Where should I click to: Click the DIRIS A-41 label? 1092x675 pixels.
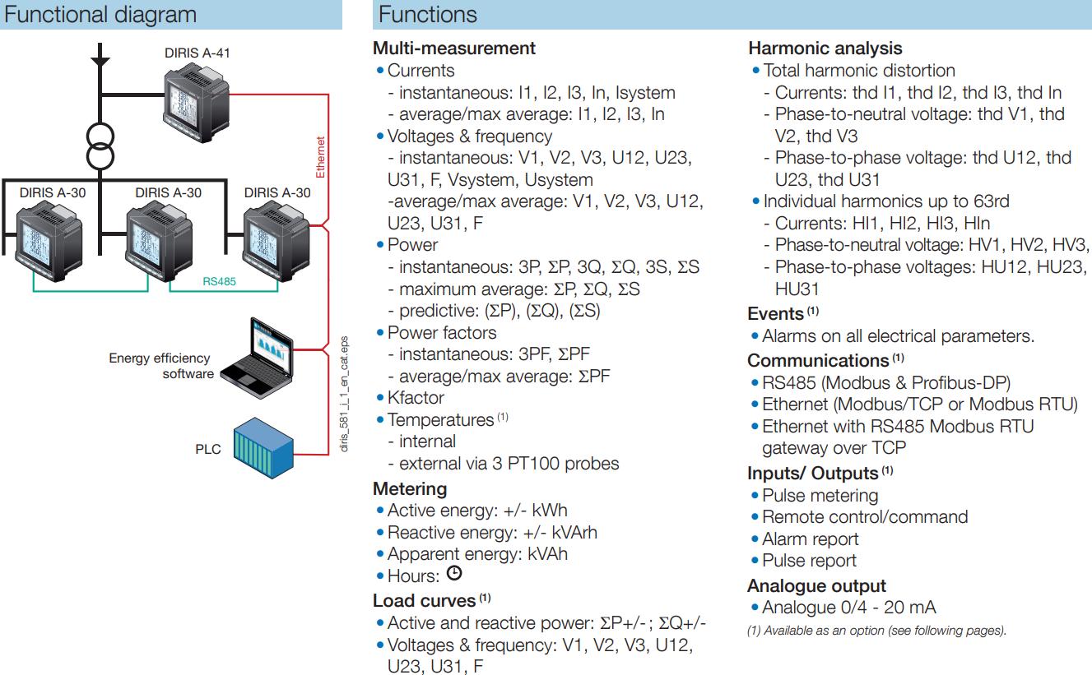point(197,53)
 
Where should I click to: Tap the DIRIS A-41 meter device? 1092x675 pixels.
point(197,104)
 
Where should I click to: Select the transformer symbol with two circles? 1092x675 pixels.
point(100,146)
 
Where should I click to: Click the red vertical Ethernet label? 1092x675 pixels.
point(320,157)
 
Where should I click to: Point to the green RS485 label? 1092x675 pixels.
point(219,281)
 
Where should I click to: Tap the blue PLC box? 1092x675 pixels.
point(263,448)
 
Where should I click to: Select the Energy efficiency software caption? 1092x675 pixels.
point(161,366)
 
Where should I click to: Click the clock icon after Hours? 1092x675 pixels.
point(454,573)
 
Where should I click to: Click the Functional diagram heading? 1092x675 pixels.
point(100,14)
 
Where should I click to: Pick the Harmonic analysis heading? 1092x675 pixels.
point(825,49)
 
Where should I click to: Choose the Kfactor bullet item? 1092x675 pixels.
point(411,397)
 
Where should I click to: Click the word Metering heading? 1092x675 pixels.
point(410,488)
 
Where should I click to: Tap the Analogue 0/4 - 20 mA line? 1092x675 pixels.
point(843,608)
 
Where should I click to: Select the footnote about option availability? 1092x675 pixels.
point(876,631)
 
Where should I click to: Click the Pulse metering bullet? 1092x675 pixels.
point(815,495)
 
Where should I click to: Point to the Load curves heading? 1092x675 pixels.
point(431,600)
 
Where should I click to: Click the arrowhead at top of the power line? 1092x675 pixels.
point(100,62)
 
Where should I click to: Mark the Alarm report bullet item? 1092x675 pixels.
point(805,539)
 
